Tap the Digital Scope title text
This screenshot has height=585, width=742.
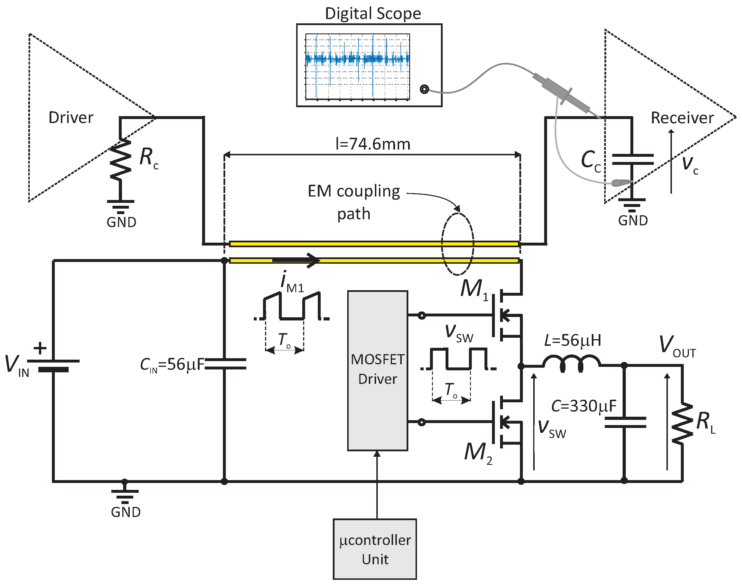373,14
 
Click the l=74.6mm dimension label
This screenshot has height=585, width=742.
373,144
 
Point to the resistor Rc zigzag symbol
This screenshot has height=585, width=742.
120,159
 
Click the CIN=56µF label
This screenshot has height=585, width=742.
172,365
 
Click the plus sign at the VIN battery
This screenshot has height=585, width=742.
40,348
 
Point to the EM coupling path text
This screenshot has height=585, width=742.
354,202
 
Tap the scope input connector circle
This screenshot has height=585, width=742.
424,90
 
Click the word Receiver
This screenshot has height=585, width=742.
682,118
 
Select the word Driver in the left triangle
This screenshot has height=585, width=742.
71,118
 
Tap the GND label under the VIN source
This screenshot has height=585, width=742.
125,512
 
